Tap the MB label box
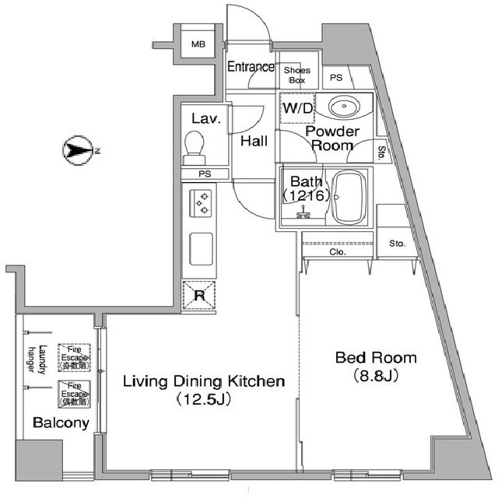(x=199, y=44)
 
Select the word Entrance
(x=251, y=67)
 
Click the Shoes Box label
(x=297, y=75)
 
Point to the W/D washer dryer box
(x=296, y=107)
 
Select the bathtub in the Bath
(x=349, y=197)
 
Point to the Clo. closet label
(x=338, y=252)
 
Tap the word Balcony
(x=60, y=423)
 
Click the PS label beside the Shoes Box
(x=335, y=78)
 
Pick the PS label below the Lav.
(x=205, y=174)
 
